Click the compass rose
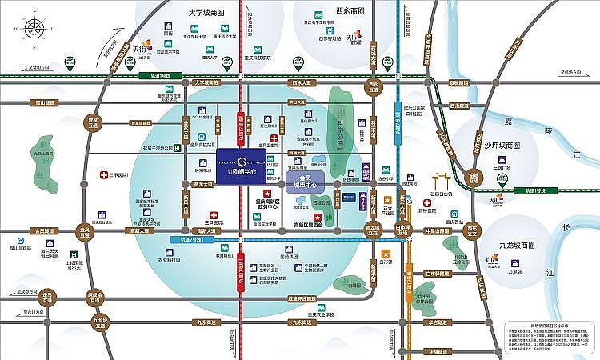pos(34,30)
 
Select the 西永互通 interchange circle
pos(370,87)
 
